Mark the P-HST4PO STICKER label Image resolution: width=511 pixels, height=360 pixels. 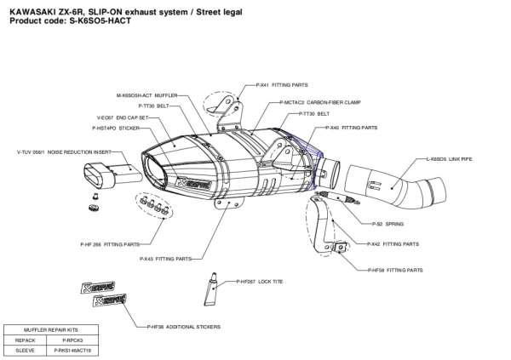pos(116,128)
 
